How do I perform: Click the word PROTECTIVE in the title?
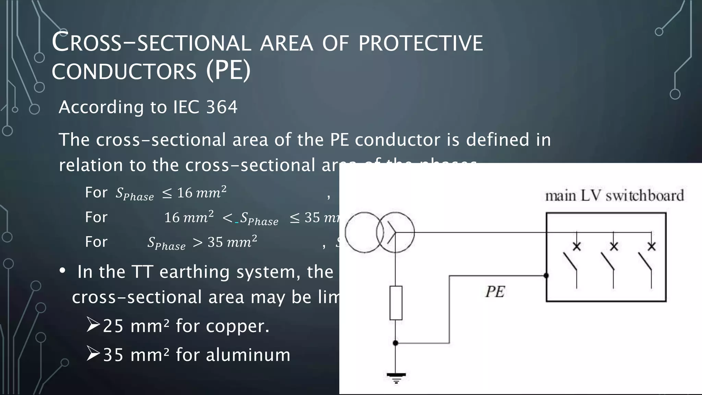point(421,44)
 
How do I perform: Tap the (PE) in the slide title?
point(228,71)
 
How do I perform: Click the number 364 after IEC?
point(222,107)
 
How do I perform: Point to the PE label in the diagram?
point(495,292)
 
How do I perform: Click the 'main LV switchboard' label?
point(614,196)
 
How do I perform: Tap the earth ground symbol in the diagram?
point(396,378)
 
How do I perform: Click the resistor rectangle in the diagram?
point(396,303)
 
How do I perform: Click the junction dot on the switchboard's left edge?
point(546,275)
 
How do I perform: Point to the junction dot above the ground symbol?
point(396,343)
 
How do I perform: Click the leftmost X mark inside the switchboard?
point(577,246)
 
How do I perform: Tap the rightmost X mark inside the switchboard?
point(651,246)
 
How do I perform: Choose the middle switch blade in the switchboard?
point(607,262)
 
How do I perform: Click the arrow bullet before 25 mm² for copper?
point(93,325)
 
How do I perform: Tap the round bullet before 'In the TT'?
point(62,271)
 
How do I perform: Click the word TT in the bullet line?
point(142,272)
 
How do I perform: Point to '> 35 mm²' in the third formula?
point(225,242)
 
